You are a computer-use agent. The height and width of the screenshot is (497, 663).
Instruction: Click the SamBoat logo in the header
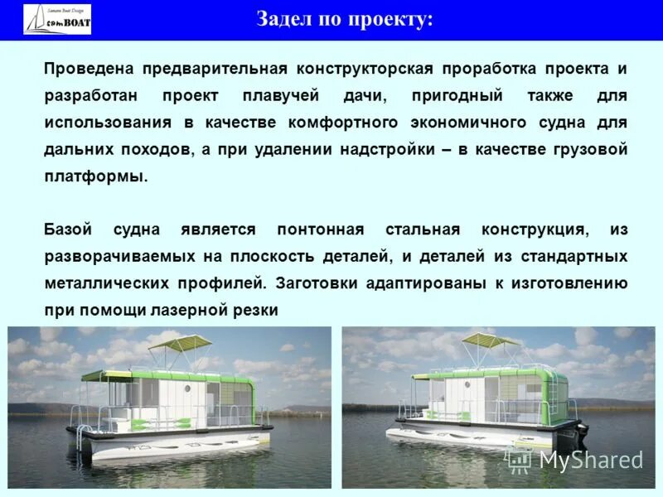pyautogui.click(x=57, y=19)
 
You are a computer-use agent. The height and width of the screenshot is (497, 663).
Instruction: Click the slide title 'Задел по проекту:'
pyautogui.click(x=344, y=19)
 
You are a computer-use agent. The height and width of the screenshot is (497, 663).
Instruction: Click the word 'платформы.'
pyautogui.click(x=95, y=176)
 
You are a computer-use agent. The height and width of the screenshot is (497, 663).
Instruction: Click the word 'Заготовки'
pyautogui.click(x=315, y=283)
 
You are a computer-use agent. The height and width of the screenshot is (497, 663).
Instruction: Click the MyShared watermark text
pyautogui.click(x=591, y=460)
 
